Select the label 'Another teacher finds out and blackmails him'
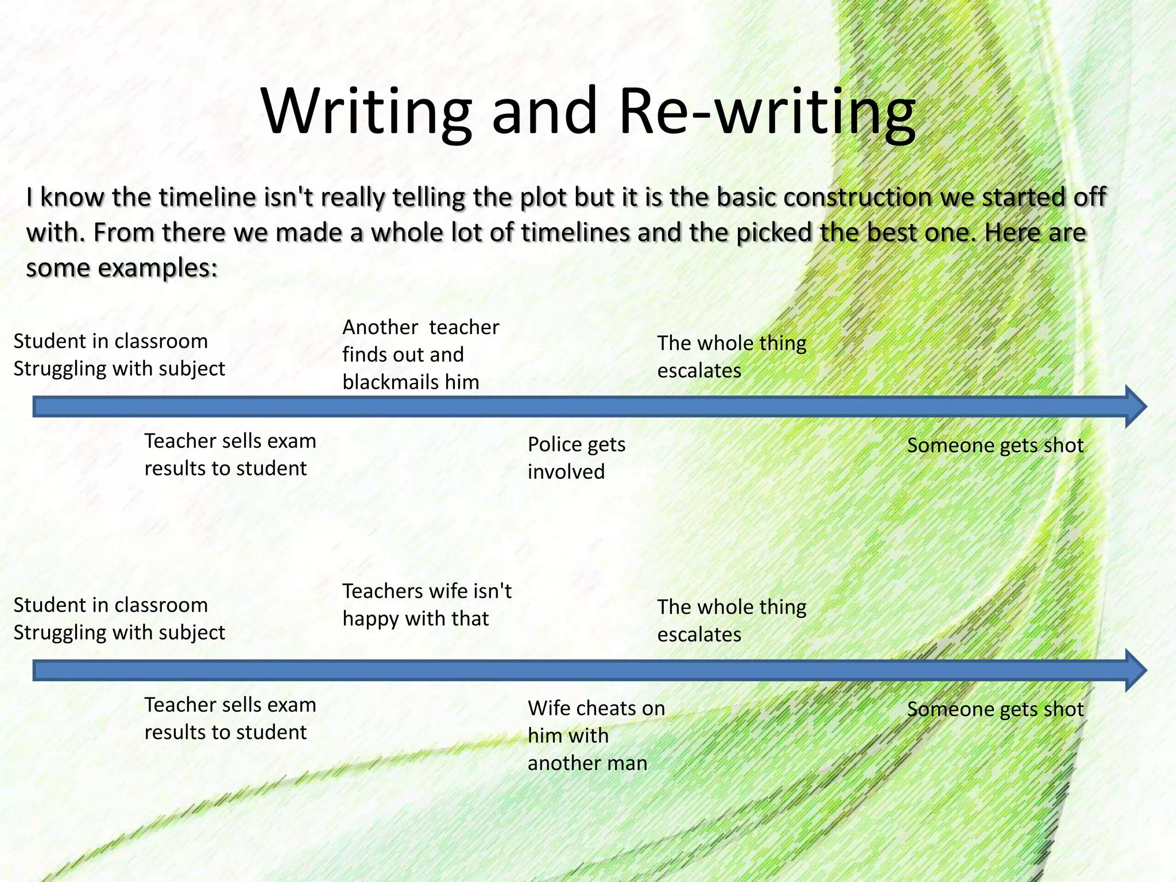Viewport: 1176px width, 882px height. tap(420, 354)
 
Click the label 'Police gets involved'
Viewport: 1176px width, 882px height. tap(576, 458)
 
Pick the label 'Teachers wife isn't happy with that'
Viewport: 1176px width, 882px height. tap(427, 605)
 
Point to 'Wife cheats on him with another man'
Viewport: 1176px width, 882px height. tap(596, 735)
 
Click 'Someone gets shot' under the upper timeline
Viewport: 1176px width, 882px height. tap(995, 446)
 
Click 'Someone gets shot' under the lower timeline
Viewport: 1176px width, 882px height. tap(995, 709)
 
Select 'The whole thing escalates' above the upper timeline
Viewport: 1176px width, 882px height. tap(732, 357)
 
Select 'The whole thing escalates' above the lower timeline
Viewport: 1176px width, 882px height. tap(732, 620)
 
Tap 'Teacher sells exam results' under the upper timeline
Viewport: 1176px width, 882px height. tap(230, 454)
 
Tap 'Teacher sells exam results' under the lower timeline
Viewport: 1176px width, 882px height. tap(230, 718)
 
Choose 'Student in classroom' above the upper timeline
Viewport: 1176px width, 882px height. tap(111, 341)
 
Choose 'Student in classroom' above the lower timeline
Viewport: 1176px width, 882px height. tap(111, 605)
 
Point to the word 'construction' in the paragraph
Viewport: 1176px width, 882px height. tap(858, 197)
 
